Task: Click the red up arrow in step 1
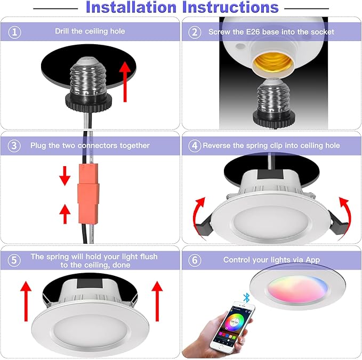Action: click(125, 81)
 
